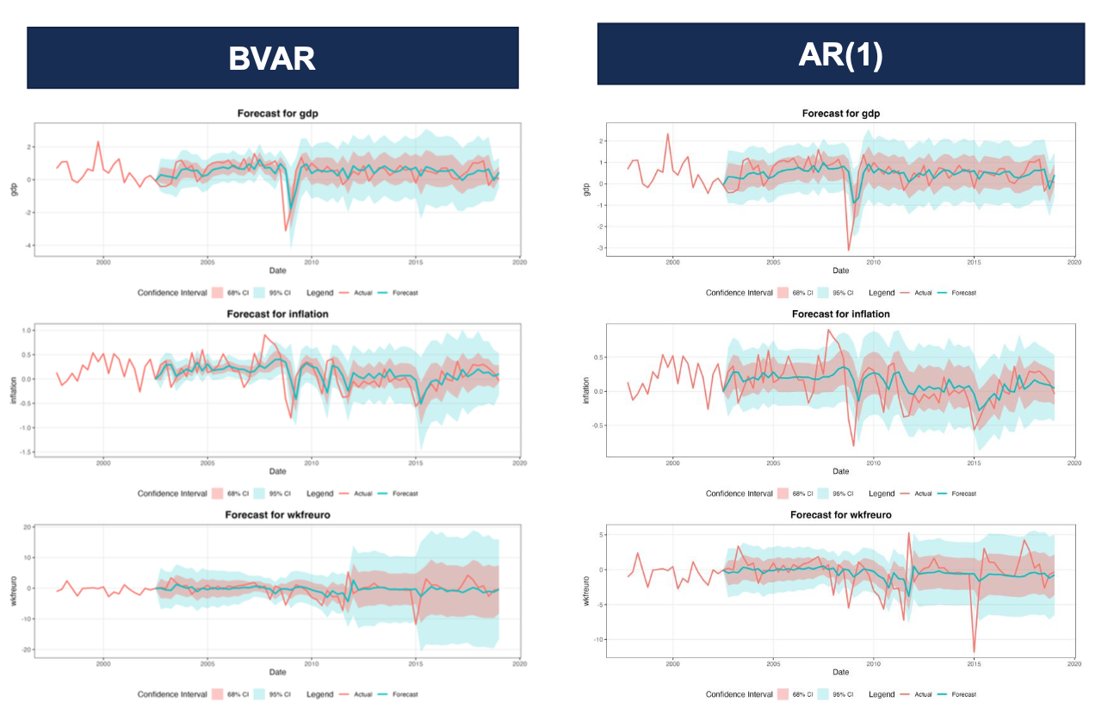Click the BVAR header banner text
[272, 59]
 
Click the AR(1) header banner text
[840, 54]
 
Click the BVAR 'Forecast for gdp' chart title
[277, 114]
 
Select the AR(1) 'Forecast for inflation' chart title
[840, 314]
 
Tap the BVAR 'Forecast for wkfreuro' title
[277, 515]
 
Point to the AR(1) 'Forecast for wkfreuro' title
[840, 515]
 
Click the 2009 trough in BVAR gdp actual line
[286, 230]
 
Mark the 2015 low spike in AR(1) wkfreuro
[975, 652]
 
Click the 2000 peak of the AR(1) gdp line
[667, 134]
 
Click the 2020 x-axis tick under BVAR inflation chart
[519, 463]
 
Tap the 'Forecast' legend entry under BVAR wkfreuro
[398, 694]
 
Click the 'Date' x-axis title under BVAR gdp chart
[277, 270]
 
